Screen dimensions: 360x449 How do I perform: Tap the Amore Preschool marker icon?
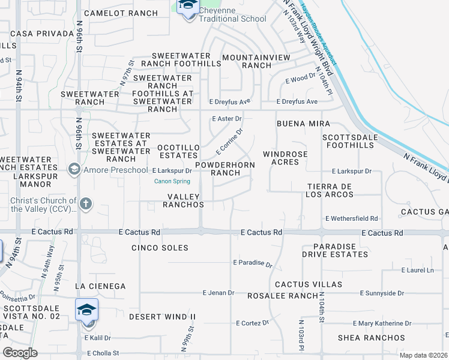click(74, 170)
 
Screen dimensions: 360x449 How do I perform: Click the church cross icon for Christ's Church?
click(85, 204)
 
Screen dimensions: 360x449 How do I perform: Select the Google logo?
click(20, 353)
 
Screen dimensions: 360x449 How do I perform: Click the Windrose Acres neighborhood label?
click(285, 158)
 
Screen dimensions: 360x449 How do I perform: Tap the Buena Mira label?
click(303, 124)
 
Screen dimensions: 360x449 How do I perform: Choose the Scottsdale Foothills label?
click(356, 141)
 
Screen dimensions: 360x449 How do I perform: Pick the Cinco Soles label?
click(160, 248)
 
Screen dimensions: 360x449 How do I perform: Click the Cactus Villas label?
click(309, 284)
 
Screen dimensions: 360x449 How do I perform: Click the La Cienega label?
click(100, 286)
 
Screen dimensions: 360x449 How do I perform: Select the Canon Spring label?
click(172, 181)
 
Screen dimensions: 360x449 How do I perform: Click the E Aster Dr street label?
click(226, 119)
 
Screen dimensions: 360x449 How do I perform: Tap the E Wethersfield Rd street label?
click(351, 219)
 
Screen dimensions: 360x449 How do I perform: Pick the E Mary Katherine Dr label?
click(382, 323)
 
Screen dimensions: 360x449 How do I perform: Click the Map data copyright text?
click(422, 355)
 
